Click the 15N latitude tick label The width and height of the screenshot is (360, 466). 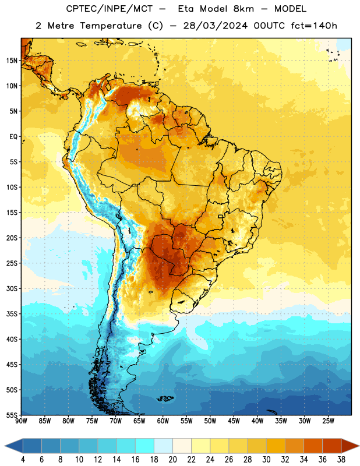point(12,61)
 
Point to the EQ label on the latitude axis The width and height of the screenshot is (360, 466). point(13,137)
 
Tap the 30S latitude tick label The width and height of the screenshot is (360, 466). point(12,288)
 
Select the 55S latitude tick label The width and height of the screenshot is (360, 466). point(12,415)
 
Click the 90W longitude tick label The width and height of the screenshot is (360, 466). point(21,421)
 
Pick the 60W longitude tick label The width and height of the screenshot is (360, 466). point(163,421)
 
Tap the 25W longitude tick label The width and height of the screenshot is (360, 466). point(328,421)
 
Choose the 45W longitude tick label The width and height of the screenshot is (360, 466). point(234,421)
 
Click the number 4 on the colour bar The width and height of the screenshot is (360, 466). point(23,460)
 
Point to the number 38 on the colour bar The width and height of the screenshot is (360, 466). point(341,460)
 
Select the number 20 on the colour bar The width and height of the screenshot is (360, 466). point(172,460)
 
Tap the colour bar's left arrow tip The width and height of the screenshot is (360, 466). point(5,446)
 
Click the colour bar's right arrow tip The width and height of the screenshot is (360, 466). point(359,446)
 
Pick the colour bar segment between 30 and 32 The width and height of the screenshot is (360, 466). point(276,446)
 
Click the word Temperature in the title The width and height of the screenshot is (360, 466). point(111,26)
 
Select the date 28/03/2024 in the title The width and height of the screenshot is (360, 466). point(215,26)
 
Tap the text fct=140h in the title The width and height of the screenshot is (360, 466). point(314,26)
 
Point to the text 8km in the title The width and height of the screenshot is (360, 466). point(243,9)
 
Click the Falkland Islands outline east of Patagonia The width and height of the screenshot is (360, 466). point(165,398)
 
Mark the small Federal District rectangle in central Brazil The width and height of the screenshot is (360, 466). point(221,217)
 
